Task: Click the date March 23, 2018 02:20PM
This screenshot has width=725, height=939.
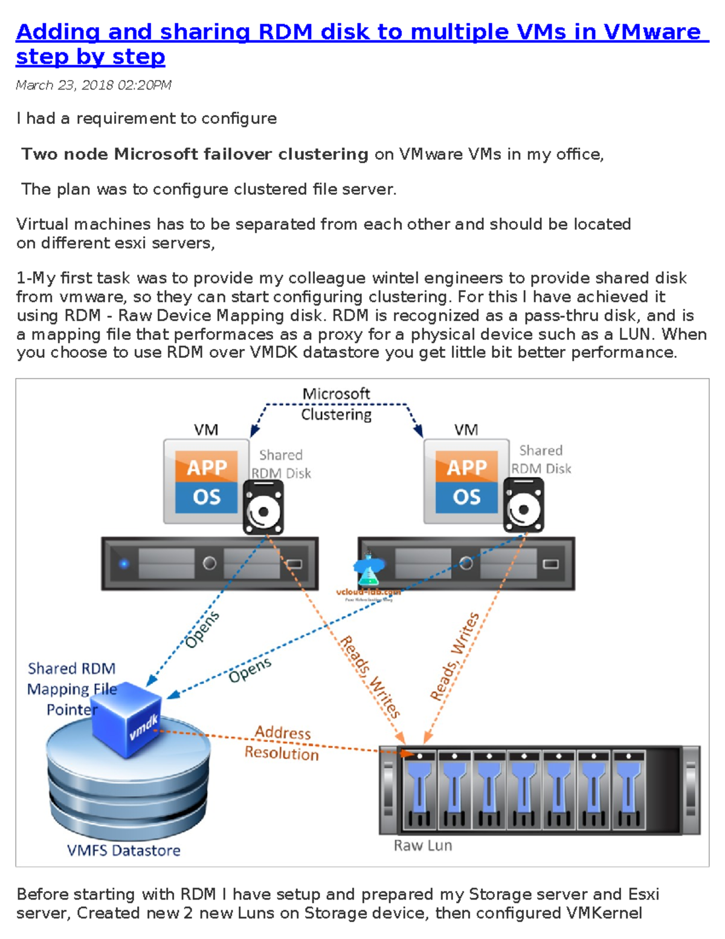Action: [x=94, y=85]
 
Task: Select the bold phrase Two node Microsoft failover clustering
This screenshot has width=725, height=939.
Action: [x=195, y=154]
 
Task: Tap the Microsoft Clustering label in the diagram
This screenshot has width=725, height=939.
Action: [x=336, y=404]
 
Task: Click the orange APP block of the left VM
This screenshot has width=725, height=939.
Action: [x=207, y=467]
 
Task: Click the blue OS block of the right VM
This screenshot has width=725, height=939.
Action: [x=466, y=497]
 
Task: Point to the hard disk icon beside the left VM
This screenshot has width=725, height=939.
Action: [x=263, y=508]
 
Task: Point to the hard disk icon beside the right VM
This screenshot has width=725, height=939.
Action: [x=523, y=505]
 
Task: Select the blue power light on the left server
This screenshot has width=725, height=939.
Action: [x=124, y=564]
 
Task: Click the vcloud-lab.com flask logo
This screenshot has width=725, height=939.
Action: [x=368, y=571]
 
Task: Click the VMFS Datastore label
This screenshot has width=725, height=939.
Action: [x=124, y=850]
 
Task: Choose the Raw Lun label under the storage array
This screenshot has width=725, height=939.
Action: [x=423, y=845]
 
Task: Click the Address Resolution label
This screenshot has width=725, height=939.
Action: [x=282, y=742]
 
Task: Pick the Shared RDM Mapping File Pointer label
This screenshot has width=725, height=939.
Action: [x=72, y=689]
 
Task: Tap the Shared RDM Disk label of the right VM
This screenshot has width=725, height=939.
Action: [x=541, y=460]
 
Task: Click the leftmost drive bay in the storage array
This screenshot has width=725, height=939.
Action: [x=420, y=790]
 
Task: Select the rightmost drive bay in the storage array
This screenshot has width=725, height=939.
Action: [x=628, y=790]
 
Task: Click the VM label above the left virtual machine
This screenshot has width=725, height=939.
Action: [x=206, y=430]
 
